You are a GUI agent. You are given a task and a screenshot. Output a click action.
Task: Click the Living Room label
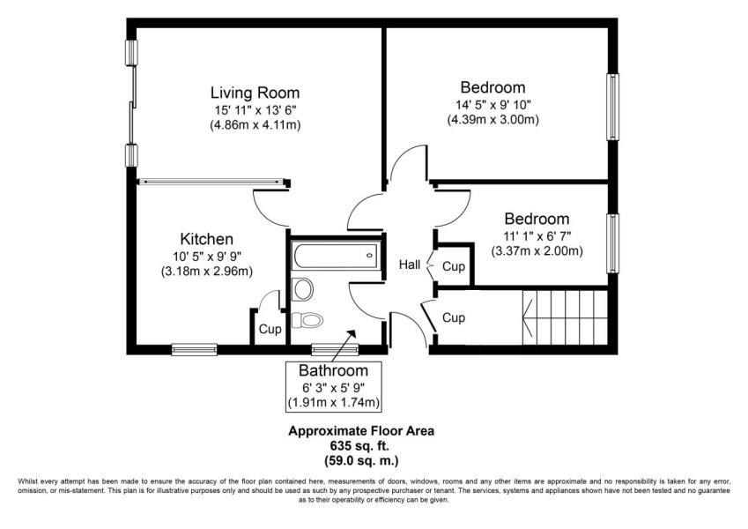[x=256, y=93]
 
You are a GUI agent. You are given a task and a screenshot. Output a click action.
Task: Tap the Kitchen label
[x=206, y=239]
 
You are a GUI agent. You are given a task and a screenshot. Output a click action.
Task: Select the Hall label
[x=410, y=264]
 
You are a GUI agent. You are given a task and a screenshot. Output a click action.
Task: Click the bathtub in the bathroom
[x=336, y=256]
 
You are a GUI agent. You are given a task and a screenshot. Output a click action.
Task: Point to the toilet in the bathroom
[x=307, y=319]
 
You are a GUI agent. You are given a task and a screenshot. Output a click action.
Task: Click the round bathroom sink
[x=303, y=289]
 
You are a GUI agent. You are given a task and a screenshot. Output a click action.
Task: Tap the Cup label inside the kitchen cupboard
[x=270, y=330]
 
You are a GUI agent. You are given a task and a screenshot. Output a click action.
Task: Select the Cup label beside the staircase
[x=454, y=317]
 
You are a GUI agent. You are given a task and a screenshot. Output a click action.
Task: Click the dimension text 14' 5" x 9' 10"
[x=493, y=104]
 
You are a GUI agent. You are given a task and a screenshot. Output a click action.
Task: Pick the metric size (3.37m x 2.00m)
[x=537, y=250]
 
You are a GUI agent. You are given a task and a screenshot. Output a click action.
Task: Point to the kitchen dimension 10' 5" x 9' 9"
[x=206, y=256]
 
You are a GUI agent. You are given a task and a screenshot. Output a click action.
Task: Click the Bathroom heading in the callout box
[x=333, y=370]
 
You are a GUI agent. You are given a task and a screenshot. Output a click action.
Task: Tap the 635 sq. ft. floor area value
[x=360, y=446]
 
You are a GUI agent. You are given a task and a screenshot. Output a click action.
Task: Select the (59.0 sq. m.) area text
[x=361, y=461]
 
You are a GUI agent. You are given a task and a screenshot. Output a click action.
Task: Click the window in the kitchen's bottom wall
[x=194, y=350]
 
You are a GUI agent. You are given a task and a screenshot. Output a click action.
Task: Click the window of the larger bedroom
[x=612, y=107]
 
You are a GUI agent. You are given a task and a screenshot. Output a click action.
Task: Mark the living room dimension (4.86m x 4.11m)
[x=256, y=125]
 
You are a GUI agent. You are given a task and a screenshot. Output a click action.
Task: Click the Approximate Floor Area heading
[x=361, y=431]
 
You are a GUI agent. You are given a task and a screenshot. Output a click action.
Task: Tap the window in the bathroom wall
[x=335, y=350]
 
